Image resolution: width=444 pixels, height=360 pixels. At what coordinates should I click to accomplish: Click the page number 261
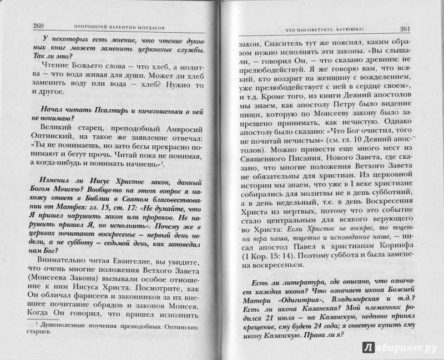[x=404, y=29]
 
